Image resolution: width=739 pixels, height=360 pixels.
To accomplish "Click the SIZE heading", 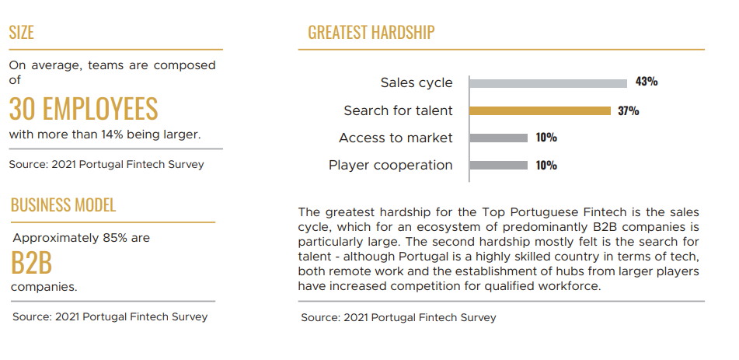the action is click(21, 32).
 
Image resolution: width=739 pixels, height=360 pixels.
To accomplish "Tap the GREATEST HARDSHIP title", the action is click(371, 32).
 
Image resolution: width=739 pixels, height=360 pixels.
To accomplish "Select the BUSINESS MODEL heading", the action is click(63, 204).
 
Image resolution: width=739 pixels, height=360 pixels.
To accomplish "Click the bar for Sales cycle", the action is click(548, 83).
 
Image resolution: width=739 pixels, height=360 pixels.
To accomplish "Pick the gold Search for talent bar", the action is click(540, 111).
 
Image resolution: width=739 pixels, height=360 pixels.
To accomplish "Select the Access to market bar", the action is click(499, 138).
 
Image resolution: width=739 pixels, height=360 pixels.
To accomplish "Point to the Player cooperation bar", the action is click(499, 165).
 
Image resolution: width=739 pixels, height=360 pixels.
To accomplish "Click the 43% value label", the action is click(647, 81).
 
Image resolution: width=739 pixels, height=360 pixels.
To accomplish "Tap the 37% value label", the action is click(628, 111).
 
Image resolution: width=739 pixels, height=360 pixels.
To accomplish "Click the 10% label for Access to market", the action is click(546, 138).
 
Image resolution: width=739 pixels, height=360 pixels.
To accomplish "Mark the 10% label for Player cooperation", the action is click(546, 165).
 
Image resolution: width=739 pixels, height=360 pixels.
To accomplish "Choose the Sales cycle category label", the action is click(417, 83).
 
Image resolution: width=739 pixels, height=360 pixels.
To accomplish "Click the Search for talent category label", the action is click(398, 110).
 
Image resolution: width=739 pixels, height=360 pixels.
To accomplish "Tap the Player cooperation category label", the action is click(391, 165).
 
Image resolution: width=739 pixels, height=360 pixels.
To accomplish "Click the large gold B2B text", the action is click(31, 263).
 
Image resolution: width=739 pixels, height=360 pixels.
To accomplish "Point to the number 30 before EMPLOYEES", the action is click(23, 109).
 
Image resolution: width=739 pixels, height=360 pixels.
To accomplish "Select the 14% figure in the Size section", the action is click(112, 135).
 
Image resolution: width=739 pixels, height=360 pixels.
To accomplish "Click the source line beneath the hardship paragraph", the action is click(399, 318).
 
